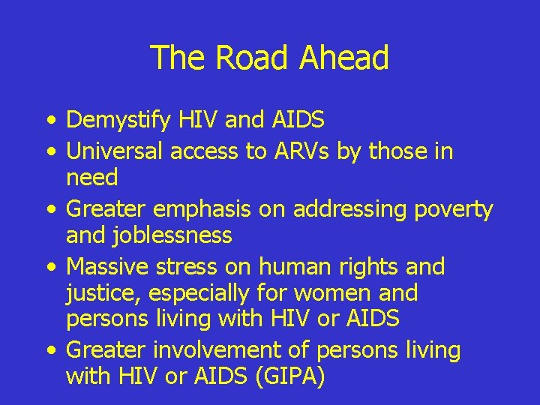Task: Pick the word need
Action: tap(92, 178)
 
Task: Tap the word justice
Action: tap(96, 293)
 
